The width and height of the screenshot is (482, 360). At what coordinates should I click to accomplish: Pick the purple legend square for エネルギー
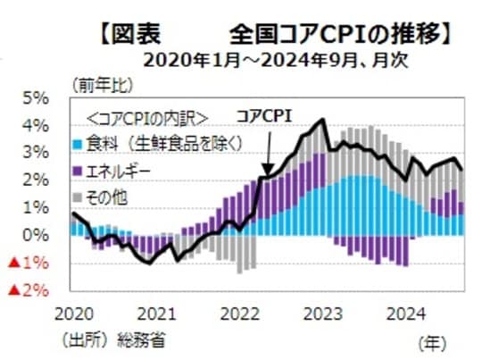point(79,167)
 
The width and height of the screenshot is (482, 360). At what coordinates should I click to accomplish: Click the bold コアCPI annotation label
point(264,115)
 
